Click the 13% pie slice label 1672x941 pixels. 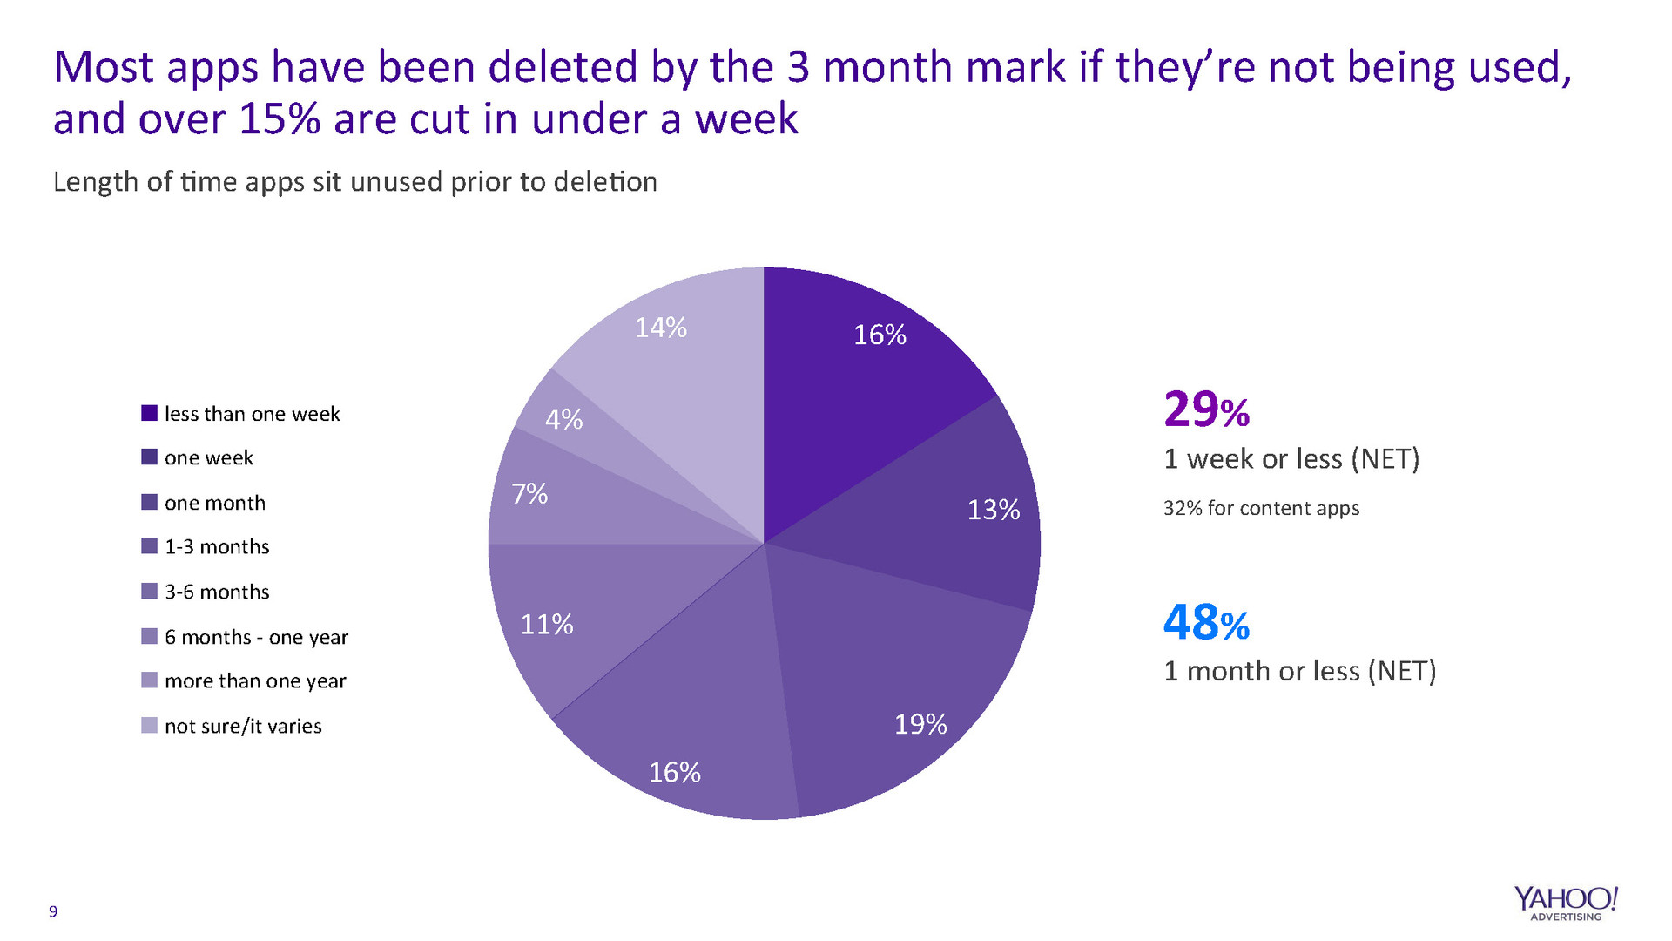[x=993, y=510]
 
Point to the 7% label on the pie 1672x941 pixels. [x=529, y=494]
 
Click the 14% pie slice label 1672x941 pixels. [x=661, y=328]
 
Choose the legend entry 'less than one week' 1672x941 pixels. [x=252, y=414]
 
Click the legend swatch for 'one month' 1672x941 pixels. [x=149, y=503]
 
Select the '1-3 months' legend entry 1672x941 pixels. [x=217, y=547]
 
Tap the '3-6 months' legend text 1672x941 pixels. [x=217, y=592]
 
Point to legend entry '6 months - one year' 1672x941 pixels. [x=256, y=638]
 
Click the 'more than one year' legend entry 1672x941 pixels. [x=255, y=681]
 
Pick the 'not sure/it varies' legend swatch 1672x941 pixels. [x=149, y=726]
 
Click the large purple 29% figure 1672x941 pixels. [x=1206, y=410]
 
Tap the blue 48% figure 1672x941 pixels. [x=1206, y=623]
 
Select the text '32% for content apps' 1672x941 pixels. [x=1261, y=509]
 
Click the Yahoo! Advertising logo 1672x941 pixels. [x=1565, y=903]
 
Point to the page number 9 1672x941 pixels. [x=53, y=911]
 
